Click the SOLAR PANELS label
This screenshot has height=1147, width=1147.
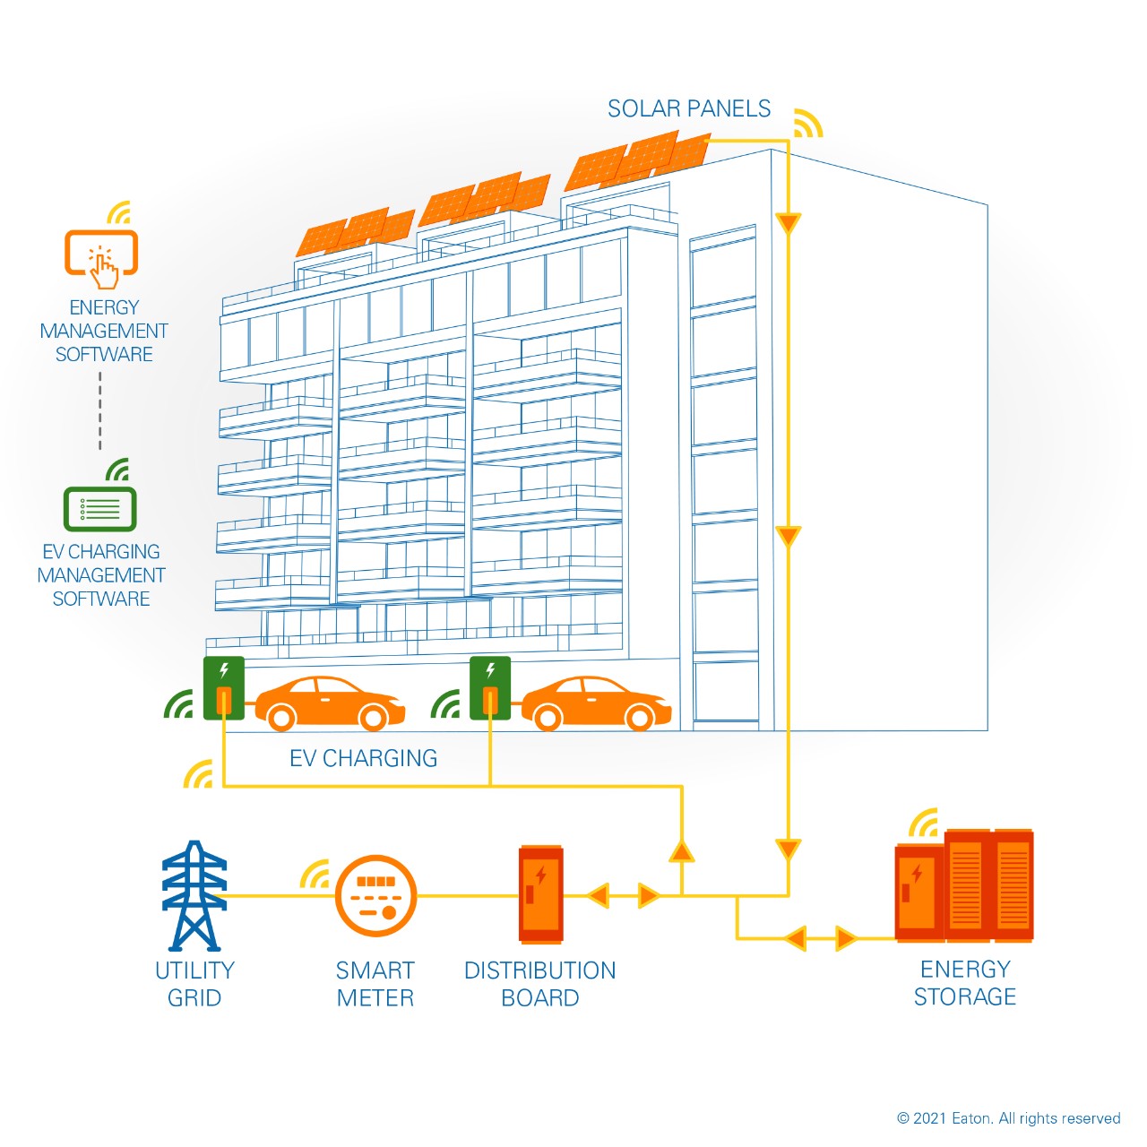pos(688,109)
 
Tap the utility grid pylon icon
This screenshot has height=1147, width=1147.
pos(194,895)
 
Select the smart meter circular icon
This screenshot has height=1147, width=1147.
pos(375,895)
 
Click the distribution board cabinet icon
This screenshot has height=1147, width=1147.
pos(541,894)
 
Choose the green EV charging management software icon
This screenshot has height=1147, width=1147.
pos(99,508)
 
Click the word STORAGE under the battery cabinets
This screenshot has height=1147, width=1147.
pos(964,996)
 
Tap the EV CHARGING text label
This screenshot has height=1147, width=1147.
pos(363,758)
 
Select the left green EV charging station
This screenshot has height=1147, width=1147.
pos(224,687)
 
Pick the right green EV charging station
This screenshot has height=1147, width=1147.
pos(490,687)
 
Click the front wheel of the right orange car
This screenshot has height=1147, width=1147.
pos(640,717)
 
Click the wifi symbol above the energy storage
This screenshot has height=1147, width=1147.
pos(924,822)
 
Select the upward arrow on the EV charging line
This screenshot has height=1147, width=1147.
pos(682,849)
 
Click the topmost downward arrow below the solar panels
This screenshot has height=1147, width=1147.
pos(788,222)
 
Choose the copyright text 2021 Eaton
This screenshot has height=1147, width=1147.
pos(1008,1118)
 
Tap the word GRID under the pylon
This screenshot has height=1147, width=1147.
pos(194,997)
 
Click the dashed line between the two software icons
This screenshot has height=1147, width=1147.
pos(100,410)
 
